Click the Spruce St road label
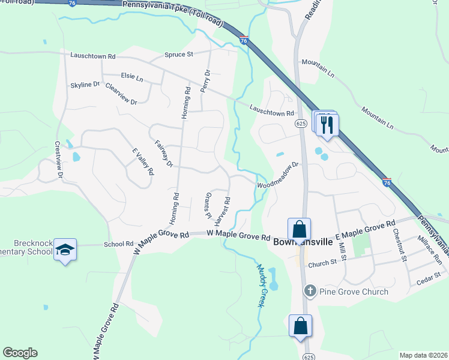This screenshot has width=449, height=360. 179,54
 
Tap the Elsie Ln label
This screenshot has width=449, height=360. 132,77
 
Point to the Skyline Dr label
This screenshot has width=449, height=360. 85,85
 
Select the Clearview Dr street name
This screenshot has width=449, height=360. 121,94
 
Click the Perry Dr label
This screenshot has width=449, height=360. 206,79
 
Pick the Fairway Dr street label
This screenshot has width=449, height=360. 163,154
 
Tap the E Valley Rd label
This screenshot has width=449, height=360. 143,162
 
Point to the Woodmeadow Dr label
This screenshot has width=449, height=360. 278,175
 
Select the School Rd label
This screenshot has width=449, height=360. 118,244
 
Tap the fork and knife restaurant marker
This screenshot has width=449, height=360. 327,124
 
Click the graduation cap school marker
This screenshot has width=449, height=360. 65,250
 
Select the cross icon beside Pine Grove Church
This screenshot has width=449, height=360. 310,292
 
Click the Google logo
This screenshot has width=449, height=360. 20,353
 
